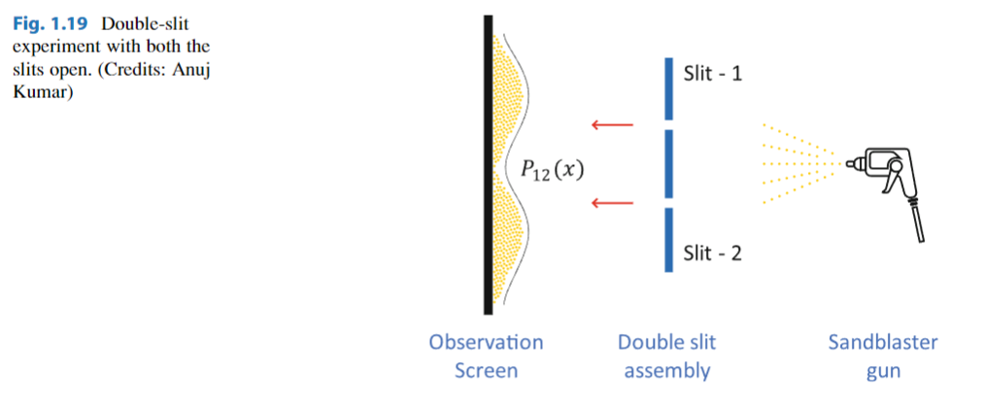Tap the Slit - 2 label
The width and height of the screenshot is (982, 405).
click(x=713, y=253)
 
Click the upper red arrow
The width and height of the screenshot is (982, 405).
click(x=612, y=124)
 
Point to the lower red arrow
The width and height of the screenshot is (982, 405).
click(x=612, y=203)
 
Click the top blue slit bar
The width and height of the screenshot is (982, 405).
click(x=669, y=86)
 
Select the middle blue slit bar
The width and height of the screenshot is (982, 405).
click(x=669, y=163)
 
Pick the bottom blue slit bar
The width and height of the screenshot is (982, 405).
click(x=669, y=239)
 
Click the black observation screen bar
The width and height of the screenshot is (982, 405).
click(x=488, y=165)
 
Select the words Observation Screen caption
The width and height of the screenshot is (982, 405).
click(x=486, y=355)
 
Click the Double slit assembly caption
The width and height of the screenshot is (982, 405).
click(x=667, y=355)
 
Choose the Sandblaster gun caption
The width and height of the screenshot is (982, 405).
click(x=882, y=355)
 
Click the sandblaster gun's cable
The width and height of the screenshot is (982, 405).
click(x=915, y=219)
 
